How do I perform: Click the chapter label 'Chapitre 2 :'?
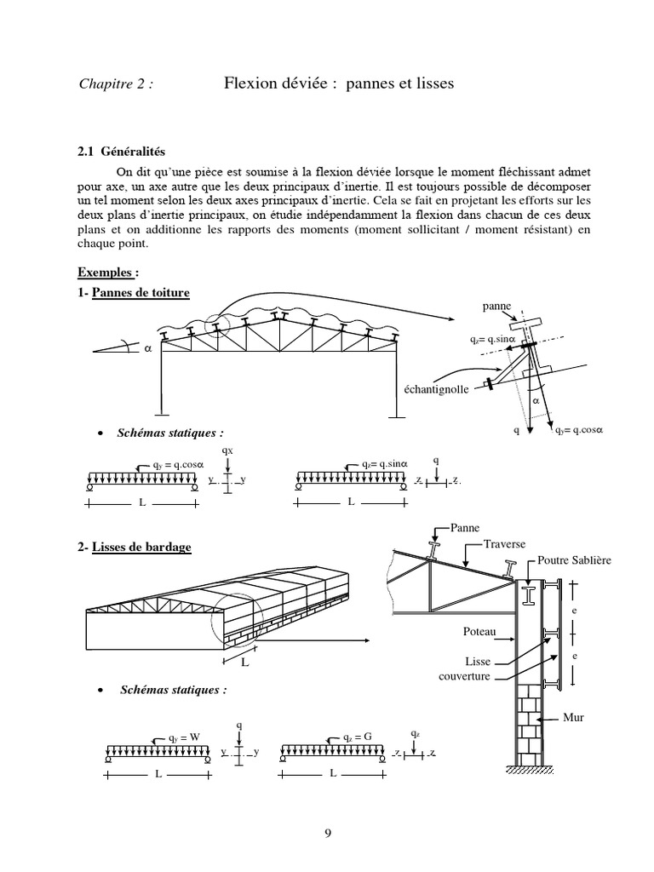[116, 83]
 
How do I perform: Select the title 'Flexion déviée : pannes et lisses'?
[339, 83]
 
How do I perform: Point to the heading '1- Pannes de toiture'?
[134, 292]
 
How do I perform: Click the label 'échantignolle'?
[435, 389]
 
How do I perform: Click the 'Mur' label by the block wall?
[573, 716]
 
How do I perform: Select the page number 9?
[327, 834]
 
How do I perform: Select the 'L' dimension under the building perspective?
[244, 660]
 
